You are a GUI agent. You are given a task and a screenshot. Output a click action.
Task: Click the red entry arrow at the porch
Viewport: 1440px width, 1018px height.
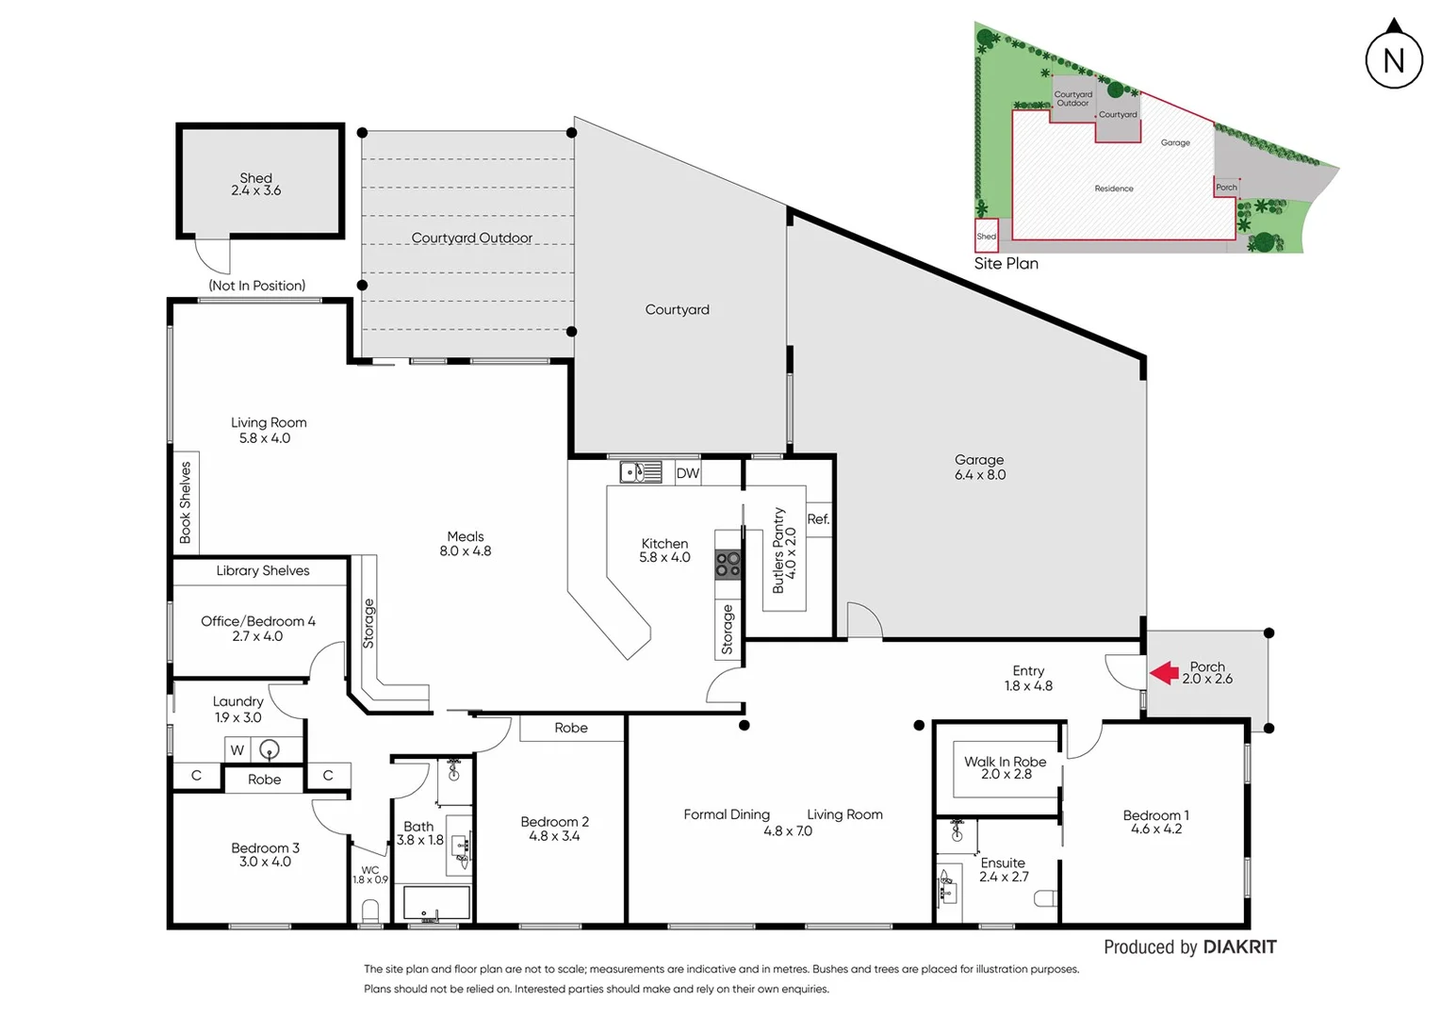tap(1165, 672)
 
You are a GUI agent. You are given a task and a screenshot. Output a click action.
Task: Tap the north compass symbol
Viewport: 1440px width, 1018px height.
tap(1394, 58)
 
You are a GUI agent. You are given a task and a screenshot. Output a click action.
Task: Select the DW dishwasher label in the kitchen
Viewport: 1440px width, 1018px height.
tap(688, 473)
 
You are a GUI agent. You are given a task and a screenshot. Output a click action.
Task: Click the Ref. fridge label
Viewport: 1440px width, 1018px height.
tap(818, 519)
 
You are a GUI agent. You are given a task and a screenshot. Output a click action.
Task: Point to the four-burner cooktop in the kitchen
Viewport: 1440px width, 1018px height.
tap(728, 565)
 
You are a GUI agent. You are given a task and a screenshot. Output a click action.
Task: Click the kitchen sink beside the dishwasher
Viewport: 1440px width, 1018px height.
tap(641, 471)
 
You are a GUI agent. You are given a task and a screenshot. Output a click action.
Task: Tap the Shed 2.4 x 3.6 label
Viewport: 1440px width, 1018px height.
tap(256, 184)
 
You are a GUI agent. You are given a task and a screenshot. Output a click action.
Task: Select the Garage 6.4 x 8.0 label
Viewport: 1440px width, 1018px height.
tap(980, 468)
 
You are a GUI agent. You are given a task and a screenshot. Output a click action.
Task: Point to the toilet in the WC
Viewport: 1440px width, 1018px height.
tap(370, 911)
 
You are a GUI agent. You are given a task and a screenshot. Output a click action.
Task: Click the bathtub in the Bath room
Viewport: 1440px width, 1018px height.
tap(436, 902)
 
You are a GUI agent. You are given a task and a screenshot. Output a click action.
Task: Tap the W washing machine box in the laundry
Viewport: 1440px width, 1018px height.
tap(237, 750)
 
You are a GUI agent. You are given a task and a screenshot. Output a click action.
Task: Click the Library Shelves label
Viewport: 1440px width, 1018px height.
tap(263, 570)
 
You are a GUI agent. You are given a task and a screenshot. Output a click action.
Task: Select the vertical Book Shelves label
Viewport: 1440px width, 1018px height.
tap(186, 501)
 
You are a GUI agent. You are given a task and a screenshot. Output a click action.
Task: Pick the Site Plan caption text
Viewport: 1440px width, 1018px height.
tap(1006, 264)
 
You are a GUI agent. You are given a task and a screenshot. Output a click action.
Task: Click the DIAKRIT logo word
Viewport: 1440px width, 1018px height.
tap(1240, 947)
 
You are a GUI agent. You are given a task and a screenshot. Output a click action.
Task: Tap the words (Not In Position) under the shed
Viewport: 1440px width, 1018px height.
tap(257, 286)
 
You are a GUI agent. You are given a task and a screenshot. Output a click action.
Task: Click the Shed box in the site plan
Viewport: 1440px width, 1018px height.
tap(986, 236)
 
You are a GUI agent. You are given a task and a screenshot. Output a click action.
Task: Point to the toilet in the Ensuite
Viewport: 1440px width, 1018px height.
tap(1046, 900)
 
